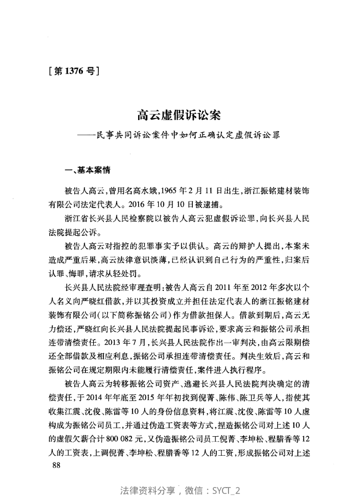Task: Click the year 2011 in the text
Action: [x=223, y=288]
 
